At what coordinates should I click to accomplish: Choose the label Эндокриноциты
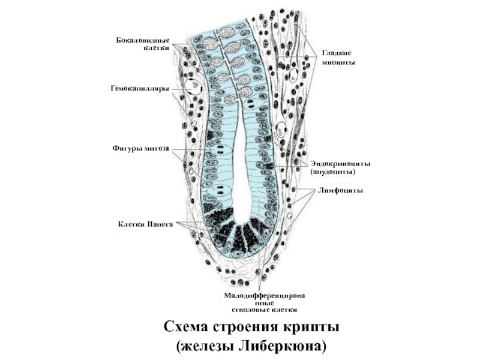click(340, 163)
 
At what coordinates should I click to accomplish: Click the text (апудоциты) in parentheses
click(333, 172)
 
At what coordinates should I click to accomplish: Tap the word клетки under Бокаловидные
click(157, 47)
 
